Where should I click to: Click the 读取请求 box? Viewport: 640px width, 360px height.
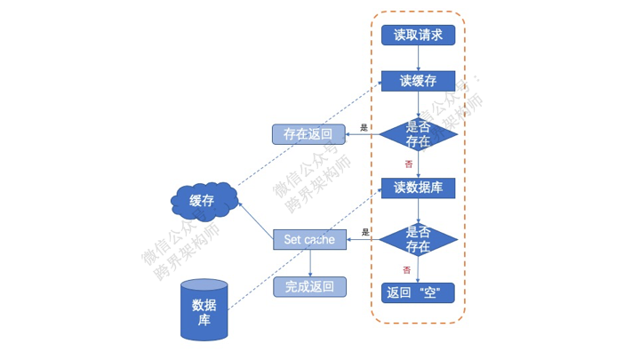coord(418,35)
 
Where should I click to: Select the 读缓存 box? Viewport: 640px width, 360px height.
coord(418,81)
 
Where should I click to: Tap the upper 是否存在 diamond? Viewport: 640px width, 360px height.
coord(418,134)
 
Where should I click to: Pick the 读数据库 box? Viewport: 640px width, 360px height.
coord(418,188)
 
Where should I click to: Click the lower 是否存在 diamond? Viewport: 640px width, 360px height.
coord(418,238)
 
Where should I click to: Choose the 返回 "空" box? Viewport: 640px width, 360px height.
coord(418,292)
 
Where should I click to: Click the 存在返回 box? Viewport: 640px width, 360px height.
coord(308,134)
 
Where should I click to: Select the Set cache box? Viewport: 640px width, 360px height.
coord(308,239)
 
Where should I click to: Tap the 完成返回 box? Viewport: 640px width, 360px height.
coord(308,286)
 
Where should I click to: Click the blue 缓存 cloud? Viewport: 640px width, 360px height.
coord(204,200)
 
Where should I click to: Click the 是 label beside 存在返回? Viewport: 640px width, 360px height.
coord(364,128)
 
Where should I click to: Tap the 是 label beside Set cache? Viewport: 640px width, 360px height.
coord(364,232)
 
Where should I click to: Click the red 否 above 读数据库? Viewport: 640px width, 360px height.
coord(408,164)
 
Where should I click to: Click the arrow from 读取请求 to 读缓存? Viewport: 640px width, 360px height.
coord(418,58)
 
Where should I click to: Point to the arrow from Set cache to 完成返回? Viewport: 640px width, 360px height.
coord(309,263)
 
